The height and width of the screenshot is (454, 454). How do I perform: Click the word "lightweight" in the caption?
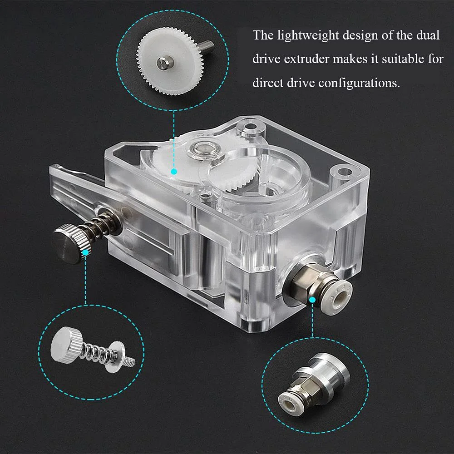308,36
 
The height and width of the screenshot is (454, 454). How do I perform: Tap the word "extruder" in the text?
306,59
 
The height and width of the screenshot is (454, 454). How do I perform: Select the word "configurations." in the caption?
359,84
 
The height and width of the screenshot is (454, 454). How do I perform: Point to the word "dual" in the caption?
428,35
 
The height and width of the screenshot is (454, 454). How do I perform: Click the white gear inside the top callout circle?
170,61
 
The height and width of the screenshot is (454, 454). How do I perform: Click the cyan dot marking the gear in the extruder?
174,172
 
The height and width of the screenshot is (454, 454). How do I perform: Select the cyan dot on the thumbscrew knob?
85,252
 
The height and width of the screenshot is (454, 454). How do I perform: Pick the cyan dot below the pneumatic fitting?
312,300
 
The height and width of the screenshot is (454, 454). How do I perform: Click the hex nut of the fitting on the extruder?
305,281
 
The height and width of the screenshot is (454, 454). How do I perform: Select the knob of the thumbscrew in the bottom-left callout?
66,344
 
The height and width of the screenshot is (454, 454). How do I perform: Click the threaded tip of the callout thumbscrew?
130,361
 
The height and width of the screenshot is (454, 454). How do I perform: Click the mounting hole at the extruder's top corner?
250,127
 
